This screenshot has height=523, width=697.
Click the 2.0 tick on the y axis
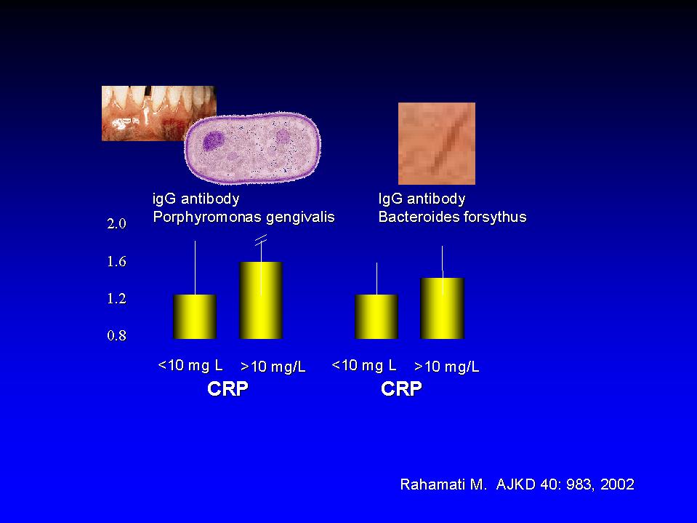116,223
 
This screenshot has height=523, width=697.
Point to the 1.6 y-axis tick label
116,261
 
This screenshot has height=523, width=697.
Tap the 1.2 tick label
116,298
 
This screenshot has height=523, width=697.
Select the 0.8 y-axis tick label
116,335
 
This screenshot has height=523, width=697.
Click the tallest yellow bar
261,300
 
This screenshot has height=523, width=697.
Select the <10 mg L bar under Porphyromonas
195,316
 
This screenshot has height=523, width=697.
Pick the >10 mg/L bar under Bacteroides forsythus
442,308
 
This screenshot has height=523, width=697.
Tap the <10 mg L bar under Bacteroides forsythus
376,316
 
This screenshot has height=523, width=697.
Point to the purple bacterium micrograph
252,148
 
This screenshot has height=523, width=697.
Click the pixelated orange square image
437,143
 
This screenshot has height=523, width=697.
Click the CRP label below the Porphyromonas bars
227,388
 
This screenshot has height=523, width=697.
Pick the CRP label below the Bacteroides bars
401,388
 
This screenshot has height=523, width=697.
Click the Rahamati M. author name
443,484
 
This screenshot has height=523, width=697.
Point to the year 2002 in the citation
617,484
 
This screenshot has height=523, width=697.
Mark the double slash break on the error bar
261,240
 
